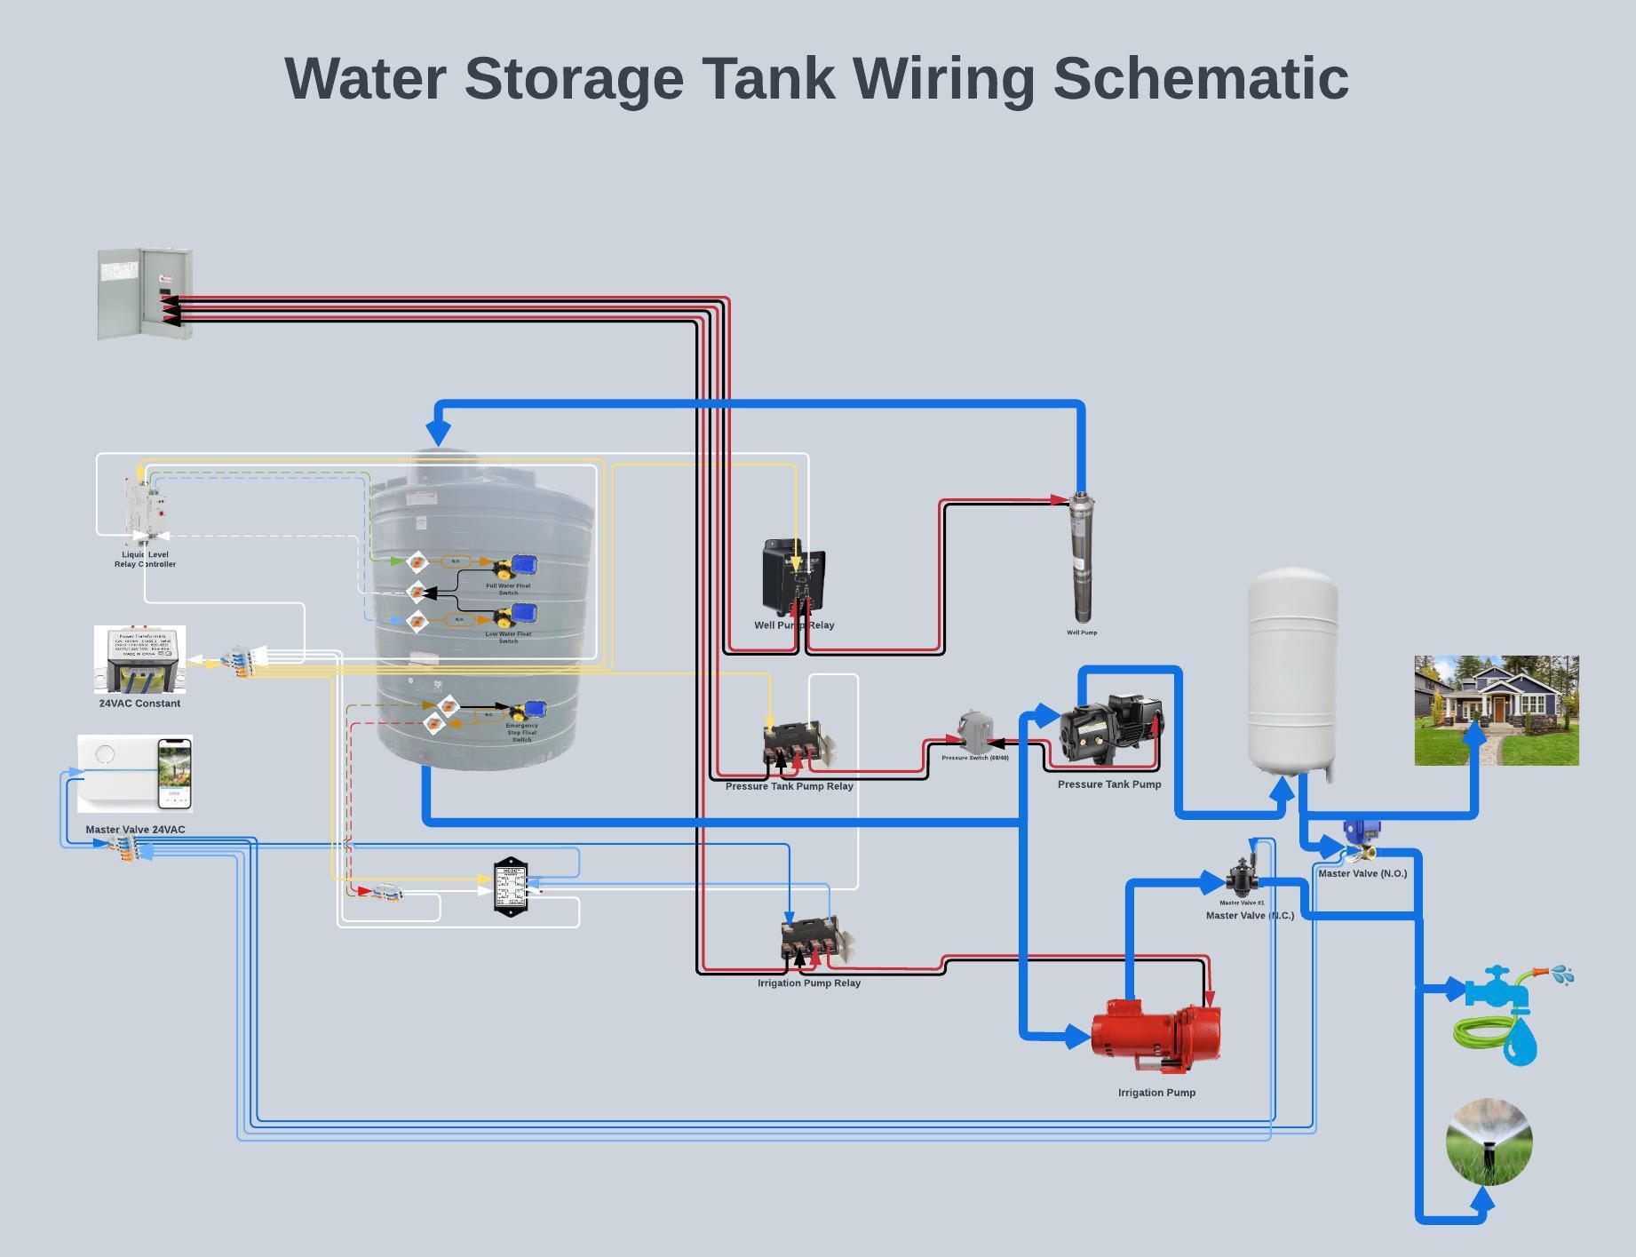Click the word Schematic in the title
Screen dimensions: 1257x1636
[x=1200, y=78]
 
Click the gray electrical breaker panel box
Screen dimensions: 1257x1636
[x=144, y=294]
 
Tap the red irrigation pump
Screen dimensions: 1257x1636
[x=1156, y=1034]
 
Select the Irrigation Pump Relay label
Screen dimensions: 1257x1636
[x=808, y=983]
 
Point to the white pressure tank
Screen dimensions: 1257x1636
[x=1292, y=671]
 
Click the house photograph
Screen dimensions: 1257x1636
[x=1496, y=710]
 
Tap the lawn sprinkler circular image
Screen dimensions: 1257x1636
[x=1489, y=1142]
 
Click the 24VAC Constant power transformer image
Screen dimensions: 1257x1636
[x=140, y=660]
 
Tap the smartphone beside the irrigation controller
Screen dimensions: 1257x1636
[x=174, y=774]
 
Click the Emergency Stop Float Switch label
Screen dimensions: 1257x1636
[x=521, y=732]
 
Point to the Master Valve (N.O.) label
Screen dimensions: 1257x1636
[x=1362, y=873]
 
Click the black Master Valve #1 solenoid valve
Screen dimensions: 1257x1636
[x=1241, y=877]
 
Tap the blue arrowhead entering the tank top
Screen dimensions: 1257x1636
[x=438, y=433]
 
